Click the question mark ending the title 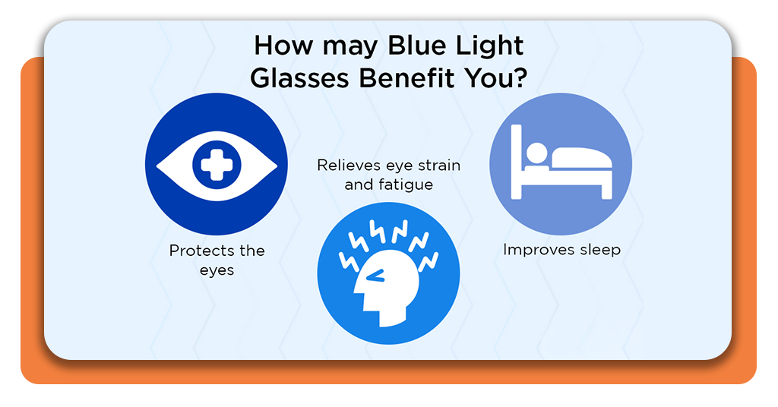[x=519, y=77]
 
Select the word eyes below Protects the [x=217, y=270]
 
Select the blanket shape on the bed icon [x=581, y=158]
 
